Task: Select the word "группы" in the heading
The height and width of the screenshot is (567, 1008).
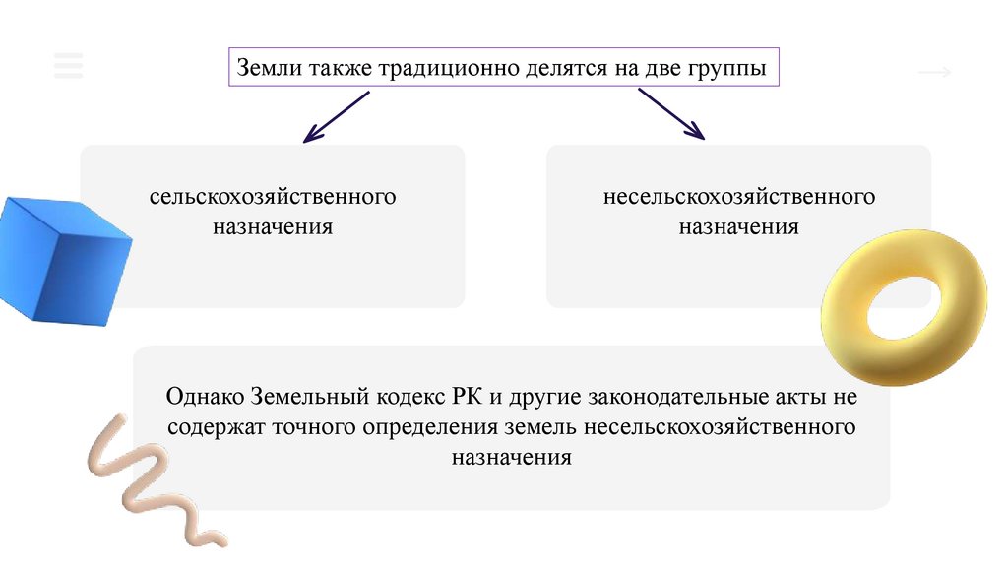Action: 723,71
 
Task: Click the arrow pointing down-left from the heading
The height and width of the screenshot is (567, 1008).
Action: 336,116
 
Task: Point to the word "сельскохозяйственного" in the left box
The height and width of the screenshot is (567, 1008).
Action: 273,197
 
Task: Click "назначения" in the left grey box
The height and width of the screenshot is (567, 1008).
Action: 273,226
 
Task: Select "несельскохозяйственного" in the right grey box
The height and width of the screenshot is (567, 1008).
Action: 739,197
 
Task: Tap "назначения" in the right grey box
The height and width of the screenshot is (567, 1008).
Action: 738,226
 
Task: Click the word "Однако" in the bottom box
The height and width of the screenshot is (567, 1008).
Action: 205,399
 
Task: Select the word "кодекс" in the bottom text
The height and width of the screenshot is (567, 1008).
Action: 410,399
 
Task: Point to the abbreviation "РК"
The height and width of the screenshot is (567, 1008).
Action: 463,399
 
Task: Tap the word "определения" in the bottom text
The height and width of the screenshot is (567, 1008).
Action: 428,428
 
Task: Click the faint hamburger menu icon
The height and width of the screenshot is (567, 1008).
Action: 69,64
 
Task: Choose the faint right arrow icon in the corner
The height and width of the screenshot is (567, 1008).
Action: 934,72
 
